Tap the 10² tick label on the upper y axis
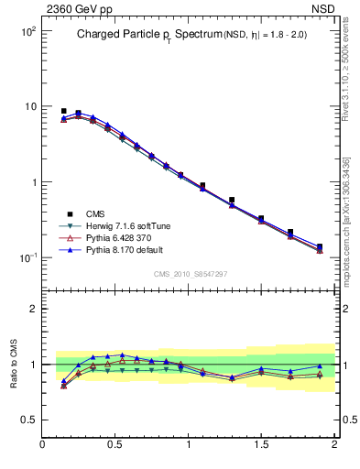pos(27,31)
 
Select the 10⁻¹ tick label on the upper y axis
pos(27,257)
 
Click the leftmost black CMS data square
pos(63,111)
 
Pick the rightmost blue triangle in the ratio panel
pos(319,366)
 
